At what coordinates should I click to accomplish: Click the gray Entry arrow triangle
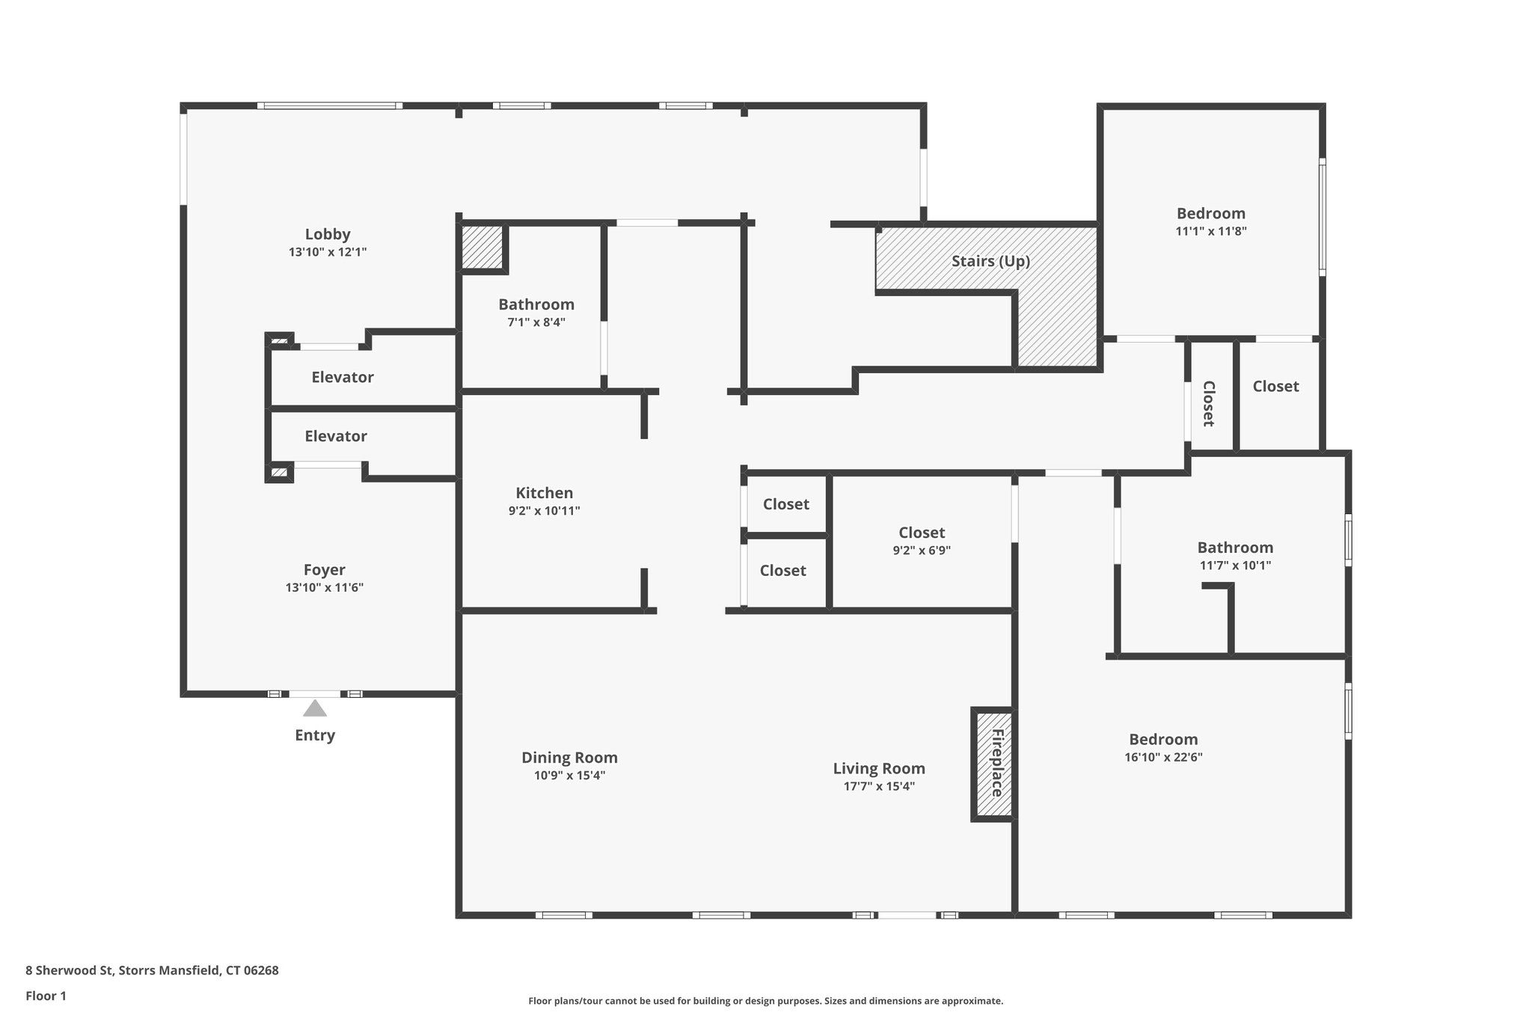coord(315,708)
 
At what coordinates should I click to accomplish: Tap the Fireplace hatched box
coord(993,764)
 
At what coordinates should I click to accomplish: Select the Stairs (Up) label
coord(990,261)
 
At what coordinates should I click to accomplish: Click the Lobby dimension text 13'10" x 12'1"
coord(328,252)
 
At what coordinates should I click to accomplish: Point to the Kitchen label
coord(544,493)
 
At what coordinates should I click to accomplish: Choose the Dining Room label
coord(569,758)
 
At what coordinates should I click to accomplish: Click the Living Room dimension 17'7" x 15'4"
coord(879,786)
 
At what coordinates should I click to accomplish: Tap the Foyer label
coord(324,570)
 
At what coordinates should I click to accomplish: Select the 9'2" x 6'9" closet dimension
coord(922,551)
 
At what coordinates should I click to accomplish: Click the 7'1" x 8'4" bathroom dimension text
coord(536,322)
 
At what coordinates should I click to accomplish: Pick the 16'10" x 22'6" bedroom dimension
coord(1163,757)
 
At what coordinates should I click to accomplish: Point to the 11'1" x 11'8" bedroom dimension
coord(1210,231)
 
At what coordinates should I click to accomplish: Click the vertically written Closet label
coord(1208,404)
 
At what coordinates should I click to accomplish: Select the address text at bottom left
coord(152,971)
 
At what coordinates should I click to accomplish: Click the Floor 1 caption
coord(46,996)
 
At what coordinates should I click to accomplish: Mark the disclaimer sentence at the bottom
coord(765,1001)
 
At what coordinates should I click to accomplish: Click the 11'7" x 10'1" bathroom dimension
coord(1235,565)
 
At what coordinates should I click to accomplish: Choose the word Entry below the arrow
coord(315,735)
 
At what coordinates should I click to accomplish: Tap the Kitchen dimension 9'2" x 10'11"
coord(544,511)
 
